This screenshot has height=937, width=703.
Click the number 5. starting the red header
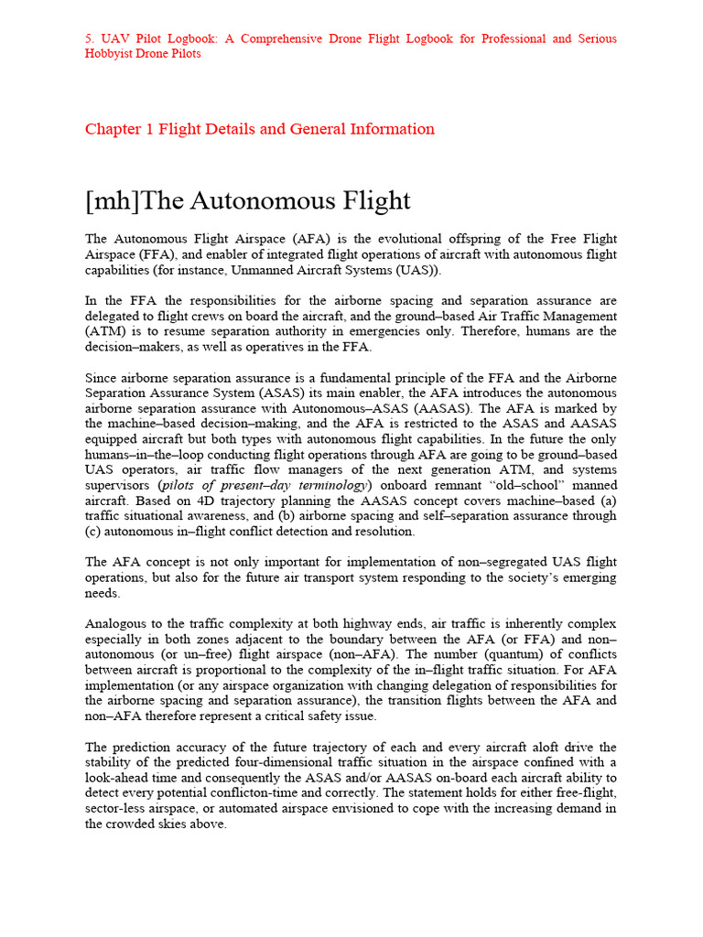click(x=90, y=38)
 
